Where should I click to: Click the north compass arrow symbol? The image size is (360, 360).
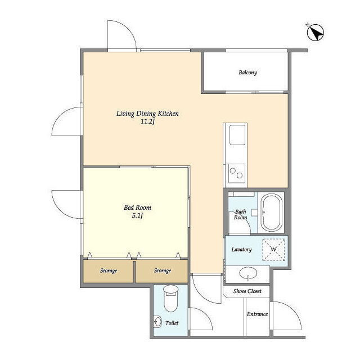[315, 33]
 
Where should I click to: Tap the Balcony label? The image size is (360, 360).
[247, 73]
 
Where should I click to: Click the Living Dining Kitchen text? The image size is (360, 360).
[147, 114]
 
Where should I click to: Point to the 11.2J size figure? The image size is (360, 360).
[147, 121]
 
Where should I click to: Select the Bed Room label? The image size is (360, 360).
[137, 208]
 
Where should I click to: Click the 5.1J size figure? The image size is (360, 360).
[137, 215]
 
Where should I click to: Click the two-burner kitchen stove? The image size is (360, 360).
[237, 173]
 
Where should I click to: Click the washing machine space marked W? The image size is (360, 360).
[273, 250]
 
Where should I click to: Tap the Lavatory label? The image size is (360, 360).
[241, 250]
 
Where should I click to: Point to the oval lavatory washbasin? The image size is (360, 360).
[248, 273]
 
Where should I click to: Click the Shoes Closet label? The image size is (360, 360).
[247, 291]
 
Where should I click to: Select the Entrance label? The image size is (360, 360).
[258, 314]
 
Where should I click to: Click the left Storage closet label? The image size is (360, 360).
[109, 271]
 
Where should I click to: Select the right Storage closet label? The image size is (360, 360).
[163, 271]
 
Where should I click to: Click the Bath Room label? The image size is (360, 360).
[240, 214]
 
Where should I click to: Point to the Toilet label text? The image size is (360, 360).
[172, 323]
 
